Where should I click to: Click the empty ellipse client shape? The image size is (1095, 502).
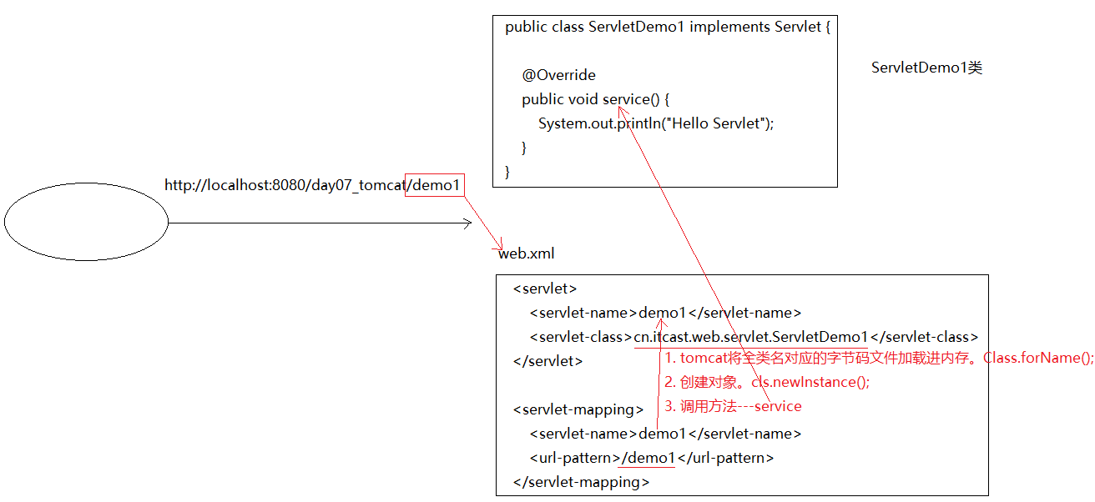click(x=86, y=222)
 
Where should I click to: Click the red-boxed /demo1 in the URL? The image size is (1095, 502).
click(x=434, y=185)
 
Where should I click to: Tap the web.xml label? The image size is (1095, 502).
click(x=526, y=254)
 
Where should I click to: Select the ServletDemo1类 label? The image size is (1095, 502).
click(x=926, y=68)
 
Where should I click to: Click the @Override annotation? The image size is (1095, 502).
click(x=559, y=75)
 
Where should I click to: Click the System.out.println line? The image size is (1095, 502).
click(x=656, y=123)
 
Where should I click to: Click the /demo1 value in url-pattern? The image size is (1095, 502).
click(x=649, y=458)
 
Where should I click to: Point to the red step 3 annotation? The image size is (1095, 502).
click(x=733, y=406)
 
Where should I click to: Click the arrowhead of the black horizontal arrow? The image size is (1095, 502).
click(x=468, y=223)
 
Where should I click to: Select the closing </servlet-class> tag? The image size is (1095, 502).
click(x=924, y=337)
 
